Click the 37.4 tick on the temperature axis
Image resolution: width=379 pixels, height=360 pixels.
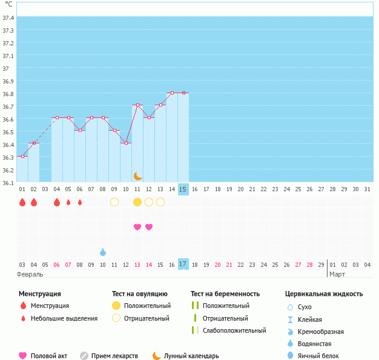(8, 18)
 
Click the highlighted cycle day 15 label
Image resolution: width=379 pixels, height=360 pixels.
(183, 189)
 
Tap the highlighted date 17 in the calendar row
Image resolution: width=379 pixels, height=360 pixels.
(183, 264)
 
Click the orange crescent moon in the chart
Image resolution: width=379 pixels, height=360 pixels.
(137, 175)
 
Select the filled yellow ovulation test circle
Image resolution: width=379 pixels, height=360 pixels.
(137, 202)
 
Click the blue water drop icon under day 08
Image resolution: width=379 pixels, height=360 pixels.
(103, 252)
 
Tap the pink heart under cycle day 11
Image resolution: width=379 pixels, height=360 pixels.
(137, 227)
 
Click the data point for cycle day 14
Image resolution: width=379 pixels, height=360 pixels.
(173, 93)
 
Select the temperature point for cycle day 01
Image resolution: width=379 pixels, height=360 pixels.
(22, 156)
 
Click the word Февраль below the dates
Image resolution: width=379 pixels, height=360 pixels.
(30, 275)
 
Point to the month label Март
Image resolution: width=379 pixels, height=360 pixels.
(337, 275)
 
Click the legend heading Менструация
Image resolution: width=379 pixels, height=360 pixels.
(39, 293)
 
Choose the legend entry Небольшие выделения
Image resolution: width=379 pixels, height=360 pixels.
(64, 318)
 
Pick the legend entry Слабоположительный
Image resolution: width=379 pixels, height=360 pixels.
(234, 330)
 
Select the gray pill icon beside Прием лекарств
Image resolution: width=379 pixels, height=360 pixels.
(84, 356)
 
